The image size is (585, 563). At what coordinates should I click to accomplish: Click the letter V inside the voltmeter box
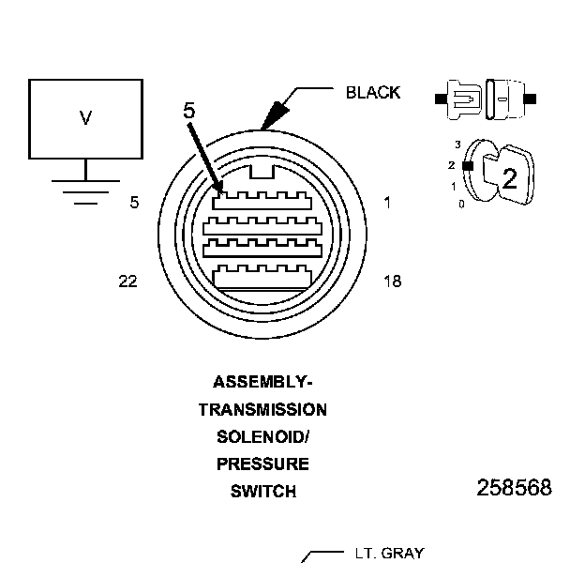pos(85,118)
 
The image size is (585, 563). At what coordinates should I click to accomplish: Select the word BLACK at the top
pos(373,92)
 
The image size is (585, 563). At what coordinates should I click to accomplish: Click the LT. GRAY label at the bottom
pos(389,554)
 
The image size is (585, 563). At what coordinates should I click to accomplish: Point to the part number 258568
pos(514,488)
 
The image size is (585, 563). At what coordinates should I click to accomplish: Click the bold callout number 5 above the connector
pos(189,111)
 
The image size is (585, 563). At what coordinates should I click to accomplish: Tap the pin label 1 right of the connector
pos(387,202)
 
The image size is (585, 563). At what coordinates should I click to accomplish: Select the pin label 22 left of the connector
pos(128,281)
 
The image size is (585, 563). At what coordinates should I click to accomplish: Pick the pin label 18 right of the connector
pos(393,281)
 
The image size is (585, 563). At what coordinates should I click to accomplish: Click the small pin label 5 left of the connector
pos(135,202)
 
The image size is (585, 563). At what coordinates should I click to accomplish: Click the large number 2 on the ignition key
pos(509,178)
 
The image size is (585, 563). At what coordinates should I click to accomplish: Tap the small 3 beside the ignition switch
pos(457,145)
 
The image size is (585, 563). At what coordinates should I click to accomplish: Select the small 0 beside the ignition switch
pos(460,203)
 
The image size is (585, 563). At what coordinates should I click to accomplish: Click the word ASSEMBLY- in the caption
pos(262,382)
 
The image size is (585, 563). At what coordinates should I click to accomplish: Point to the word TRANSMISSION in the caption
pos(262,410)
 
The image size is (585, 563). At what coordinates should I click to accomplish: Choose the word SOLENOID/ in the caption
pos(262,437)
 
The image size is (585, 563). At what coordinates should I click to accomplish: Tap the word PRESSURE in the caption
pos(262,464)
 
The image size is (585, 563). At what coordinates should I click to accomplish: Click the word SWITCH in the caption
pos(262,491)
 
